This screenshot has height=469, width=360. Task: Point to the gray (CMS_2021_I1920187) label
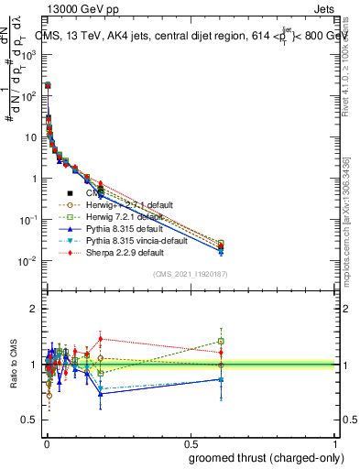point(191,274)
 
